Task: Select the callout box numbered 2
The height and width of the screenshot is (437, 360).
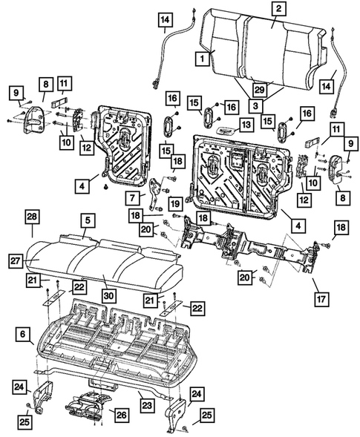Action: tap(278, 9)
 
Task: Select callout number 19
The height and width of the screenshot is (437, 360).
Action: tap(175, 203)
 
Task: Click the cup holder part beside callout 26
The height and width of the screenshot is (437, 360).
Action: tap(87, 405)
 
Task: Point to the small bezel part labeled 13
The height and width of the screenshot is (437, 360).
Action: tap(229, 128)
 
